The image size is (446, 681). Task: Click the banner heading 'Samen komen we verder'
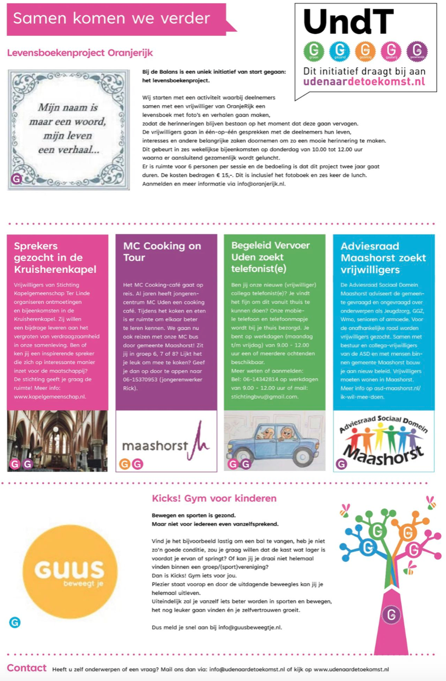[111, 19]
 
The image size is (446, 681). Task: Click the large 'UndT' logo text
[349, 22]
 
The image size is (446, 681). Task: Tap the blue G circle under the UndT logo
[339, 51]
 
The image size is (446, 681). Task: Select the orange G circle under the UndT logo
[365, 51]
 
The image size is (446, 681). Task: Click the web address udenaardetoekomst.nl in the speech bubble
[364, 81]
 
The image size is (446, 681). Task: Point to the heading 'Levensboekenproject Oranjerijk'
[80, 53]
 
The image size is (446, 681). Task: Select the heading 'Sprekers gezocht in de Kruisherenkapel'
[55, 257]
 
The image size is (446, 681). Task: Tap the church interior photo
[57, 440]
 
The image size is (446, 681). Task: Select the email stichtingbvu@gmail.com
[264, 397]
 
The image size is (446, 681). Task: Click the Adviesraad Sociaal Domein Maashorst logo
[383, 441]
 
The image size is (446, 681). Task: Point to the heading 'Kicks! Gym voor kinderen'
[214, 498]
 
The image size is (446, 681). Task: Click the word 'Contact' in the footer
[26, 668]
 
